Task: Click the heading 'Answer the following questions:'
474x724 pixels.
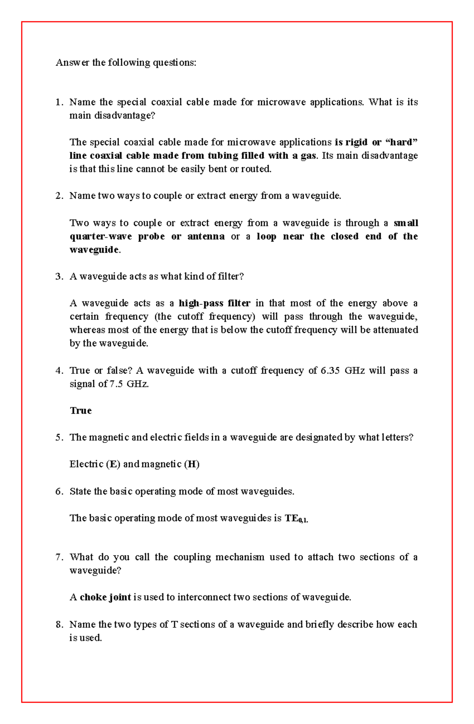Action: coord(126,62)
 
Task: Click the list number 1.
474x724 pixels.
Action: coord(59,102)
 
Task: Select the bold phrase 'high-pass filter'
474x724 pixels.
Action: coord(214,303)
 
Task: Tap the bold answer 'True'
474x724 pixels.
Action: coord(81,410)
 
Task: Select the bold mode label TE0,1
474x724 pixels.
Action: coord(296,518)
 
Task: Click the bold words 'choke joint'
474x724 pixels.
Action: coord(105,597)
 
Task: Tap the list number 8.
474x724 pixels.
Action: coord(59,624)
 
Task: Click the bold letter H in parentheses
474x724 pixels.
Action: coord(192,464)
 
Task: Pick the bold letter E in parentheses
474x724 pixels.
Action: coord(113,464)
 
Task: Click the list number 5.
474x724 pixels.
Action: coord(59,437)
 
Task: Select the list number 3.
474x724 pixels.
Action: coord(59,277)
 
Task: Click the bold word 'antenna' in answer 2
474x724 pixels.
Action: coord(206,236)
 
